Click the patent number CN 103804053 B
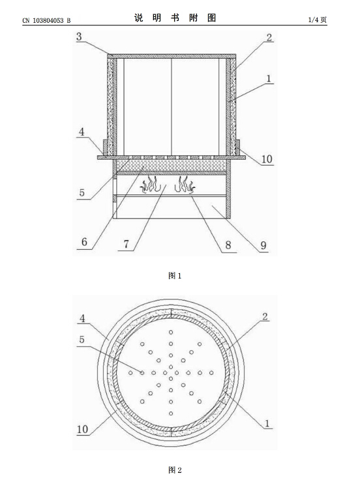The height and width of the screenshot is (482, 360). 46,21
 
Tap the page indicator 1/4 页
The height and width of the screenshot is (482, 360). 318,20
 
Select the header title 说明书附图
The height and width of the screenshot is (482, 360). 175,18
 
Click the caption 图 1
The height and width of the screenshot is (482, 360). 175,276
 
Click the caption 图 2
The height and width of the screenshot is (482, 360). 175,470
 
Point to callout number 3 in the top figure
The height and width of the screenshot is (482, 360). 80,37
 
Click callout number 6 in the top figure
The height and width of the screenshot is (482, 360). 84,242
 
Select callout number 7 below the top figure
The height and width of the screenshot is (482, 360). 127,244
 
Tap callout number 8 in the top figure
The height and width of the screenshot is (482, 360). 228,245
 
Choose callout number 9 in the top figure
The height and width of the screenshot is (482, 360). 263,245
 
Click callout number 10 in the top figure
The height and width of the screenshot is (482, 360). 267,159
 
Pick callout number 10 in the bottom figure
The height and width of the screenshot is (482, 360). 82,429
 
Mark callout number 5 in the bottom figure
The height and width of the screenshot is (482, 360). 82,339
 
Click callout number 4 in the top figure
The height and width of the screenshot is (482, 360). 82,132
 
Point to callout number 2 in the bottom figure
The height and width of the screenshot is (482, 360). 265,316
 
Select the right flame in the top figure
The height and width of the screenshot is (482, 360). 185,185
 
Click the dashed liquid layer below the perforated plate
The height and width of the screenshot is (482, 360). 172,166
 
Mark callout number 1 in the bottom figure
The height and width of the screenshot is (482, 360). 267,423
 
